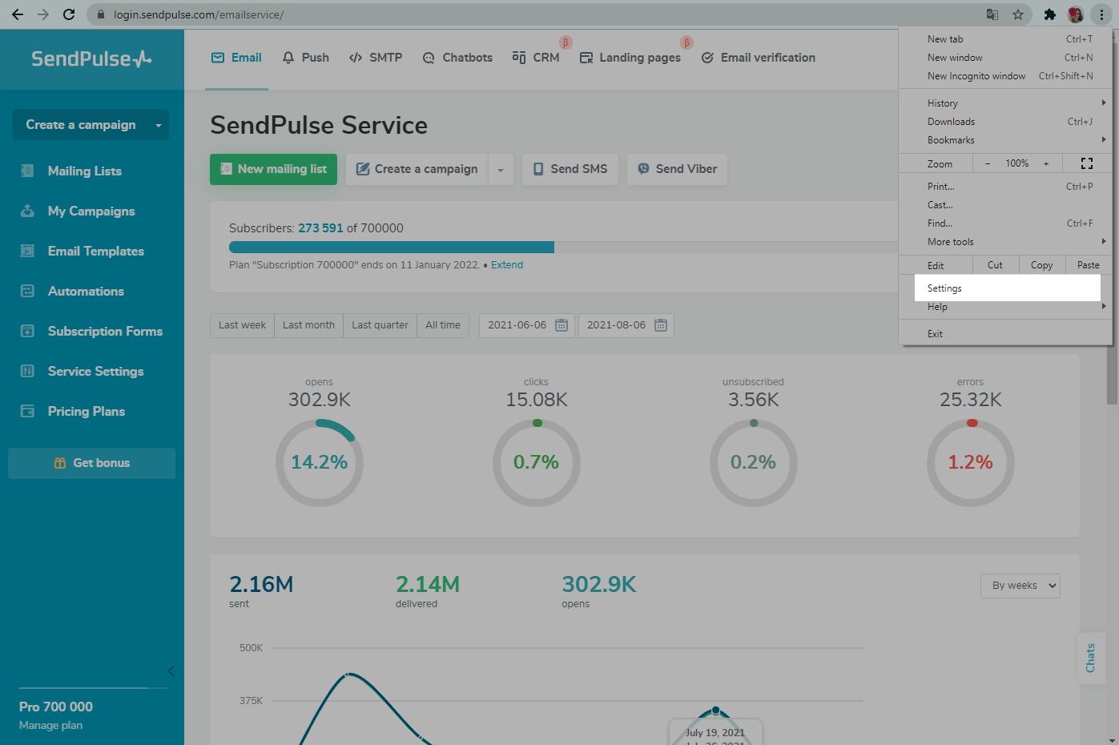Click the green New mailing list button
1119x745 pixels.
pyautogui.click(x=273, y=169)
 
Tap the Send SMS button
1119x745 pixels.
pyautogui.click(x=570, y=169)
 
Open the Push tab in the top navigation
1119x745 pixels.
pyautogui.click(x=306, y=58)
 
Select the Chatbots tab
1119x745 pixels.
pyautogui.click(x=457, y=58)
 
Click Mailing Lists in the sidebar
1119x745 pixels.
pyautogui.click(x=84, y=171)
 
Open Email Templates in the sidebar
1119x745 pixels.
pyautogui.click(x=95, y=251)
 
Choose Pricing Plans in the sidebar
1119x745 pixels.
pyautogui.click(x=86, y=411)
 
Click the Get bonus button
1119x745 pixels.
pyautogui.click(x=92, y=463)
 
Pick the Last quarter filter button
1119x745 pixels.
pyautogui.click(x=380, y=325)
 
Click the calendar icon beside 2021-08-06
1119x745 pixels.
pyautogui.click(x=660, y=325)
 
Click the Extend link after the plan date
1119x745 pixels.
pyautogui.click(x=506, y=265)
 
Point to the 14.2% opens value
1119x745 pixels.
pyautogui.click(x=320, y=462)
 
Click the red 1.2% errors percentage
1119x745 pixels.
pyautogui.click(x=970, y=462)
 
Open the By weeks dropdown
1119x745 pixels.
pyautogui.click(x=1020, y=586)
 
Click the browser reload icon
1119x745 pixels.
pyautogui.click(x=69, y=14)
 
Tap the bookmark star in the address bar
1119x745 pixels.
pyautogui.click(x=1018, y=14)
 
